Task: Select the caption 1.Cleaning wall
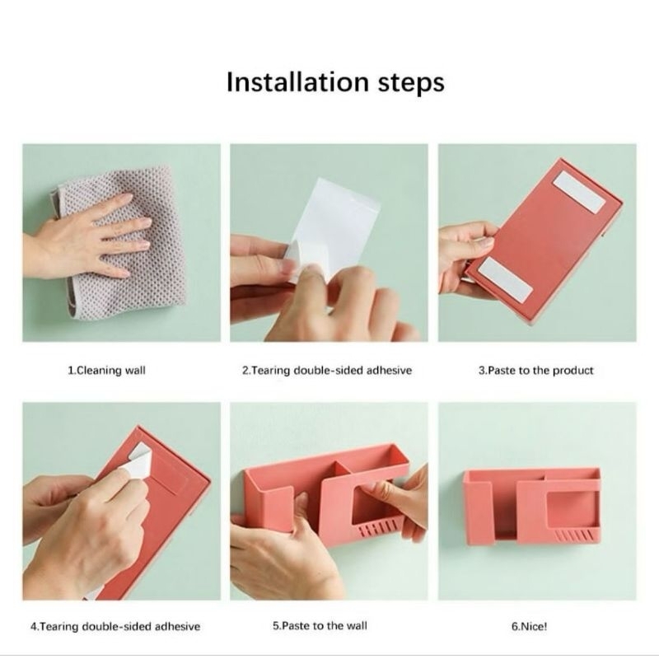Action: (x=107, y=370)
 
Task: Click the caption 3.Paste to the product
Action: (x=536, y=370)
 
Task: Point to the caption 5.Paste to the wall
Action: (x=320, y=626)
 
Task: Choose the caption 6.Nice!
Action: (x=529, y=626)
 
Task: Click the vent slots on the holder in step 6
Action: (x=575, y=536)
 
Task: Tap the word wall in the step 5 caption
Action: (x=357, y=626)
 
